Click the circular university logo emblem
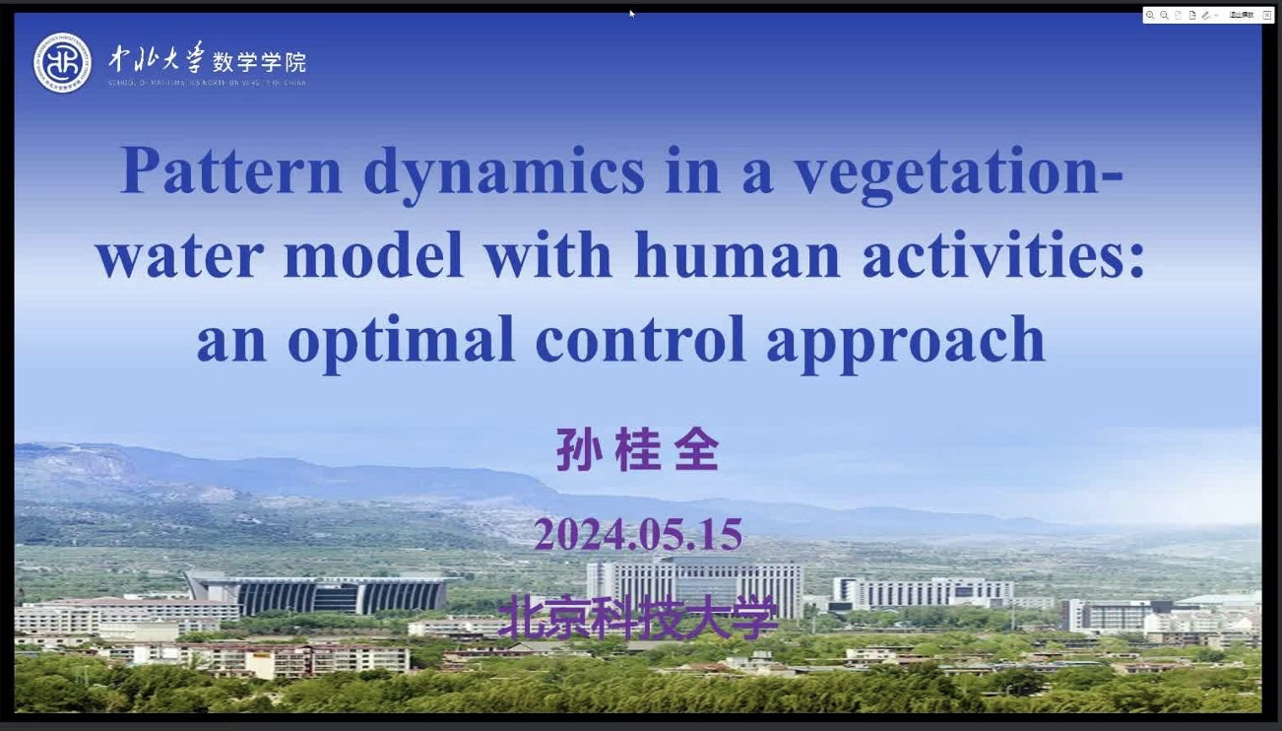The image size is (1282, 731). (62, 63)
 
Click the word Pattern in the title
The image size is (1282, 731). (230, 170)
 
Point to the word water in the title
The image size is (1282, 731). (179, 256)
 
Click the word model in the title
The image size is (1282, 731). (373, 256)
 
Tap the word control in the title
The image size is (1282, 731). (640, 340)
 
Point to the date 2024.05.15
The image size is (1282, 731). (637, 535)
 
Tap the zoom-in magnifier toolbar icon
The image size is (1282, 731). (1150, 15)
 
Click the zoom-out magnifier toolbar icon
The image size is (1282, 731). (1164, 15)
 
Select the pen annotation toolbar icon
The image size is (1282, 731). (1205, 15)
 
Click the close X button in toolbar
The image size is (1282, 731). (1266, 15)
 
